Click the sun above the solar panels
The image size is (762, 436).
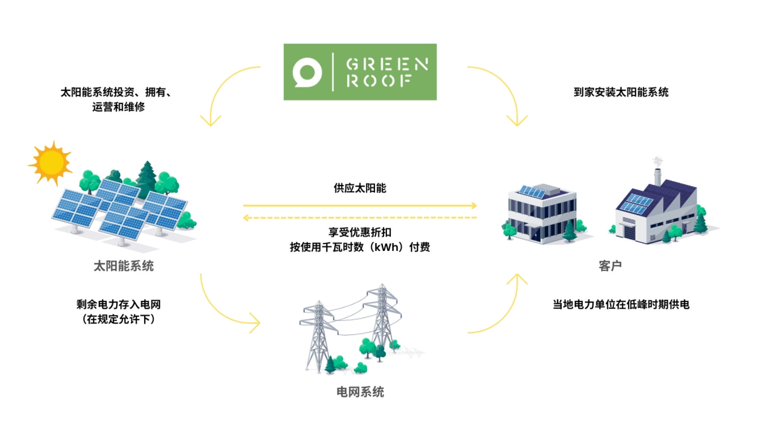pyautogui.click(x=51, y=162)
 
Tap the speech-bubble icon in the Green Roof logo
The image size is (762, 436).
pyautogui.click(x=307, y=72)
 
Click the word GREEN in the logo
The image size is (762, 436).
pyautogui.click(x=387, y=64)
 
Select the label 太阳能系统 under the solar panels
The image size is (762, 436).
pyautogui.click(x=123, y=266)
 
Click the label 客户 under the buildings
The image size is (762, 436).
pyautogui.click(x=610, y=266)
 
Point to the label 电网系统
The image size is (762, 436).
pyautogui.click(x=360, y=392)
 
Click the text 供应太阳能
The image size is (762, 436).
pyautogui.click(x=360, y=188)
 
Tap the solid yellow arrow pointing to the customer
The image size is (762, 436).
pyautogui.click(x=360, y=206)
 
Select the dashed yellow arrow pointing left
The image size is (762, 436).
pyautogui.click(x=360, y=218)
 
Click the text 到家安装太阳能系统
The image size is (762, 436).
pyautogui.click(x=621, y=92)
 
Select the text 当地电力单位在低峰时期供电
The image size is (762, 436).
pyautogui.click(x=621, y=305)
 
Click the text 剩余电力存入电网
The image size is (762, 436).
pyautogui.click(x=118, y=305)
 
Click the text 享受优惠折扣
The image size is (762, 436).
pyautogui.click(x=360, y=232)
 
